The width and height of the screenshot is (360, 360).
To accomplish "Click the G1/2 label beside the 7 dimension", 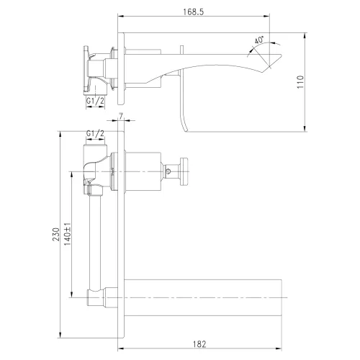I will pos(95,134).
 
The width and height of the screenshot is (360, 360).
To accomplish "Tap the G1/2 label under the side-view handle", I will pos(96,102).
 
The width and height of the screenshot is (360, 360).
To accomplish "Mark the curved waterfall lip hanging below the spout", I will pos(186,115).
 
